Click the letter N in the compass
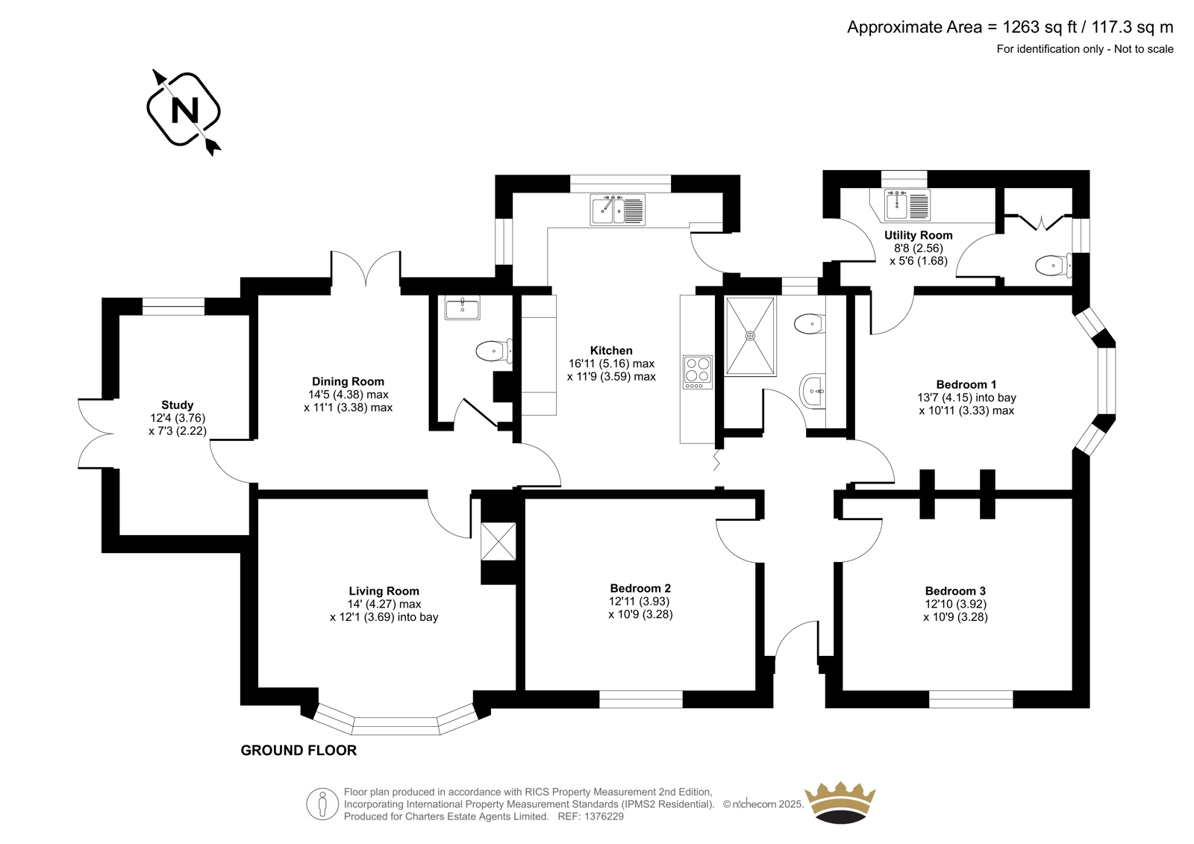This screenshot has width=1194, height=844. (184, 110)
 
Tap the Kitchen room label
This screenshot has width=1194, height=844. (611, 351)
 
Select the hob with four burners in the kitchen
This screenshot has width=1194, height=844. (698, 372)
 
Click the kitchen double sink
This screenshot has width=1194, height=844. (618, 210)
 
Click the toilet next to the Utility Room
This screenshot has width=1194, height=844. (1053, 265)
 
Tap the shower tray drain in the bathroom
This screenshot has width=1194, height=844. (751, 335)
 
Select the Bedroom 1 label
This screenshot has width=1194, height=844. (966, 384)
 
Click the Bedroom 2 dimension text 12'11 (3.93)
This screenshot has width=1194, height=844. (640, 601)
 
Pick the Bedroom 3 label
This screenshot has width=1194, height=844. (955, 591)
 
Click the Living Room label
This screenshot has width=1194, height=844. (384, 591)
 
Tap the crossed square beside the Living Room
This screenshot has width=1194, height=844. (498, 541)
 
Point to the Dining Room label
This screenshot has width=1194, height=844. (348, 382)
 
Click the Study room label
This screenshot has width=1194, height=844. (178, 405)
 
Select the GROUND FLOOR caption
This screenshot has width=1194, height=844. (298, 750)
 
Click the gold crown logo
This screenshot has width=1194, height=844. (840, 802)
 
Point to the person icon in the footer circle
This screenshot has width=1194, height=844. (322, 804)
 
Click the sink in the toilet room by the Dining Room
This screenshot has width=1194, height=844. (462, 308)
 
